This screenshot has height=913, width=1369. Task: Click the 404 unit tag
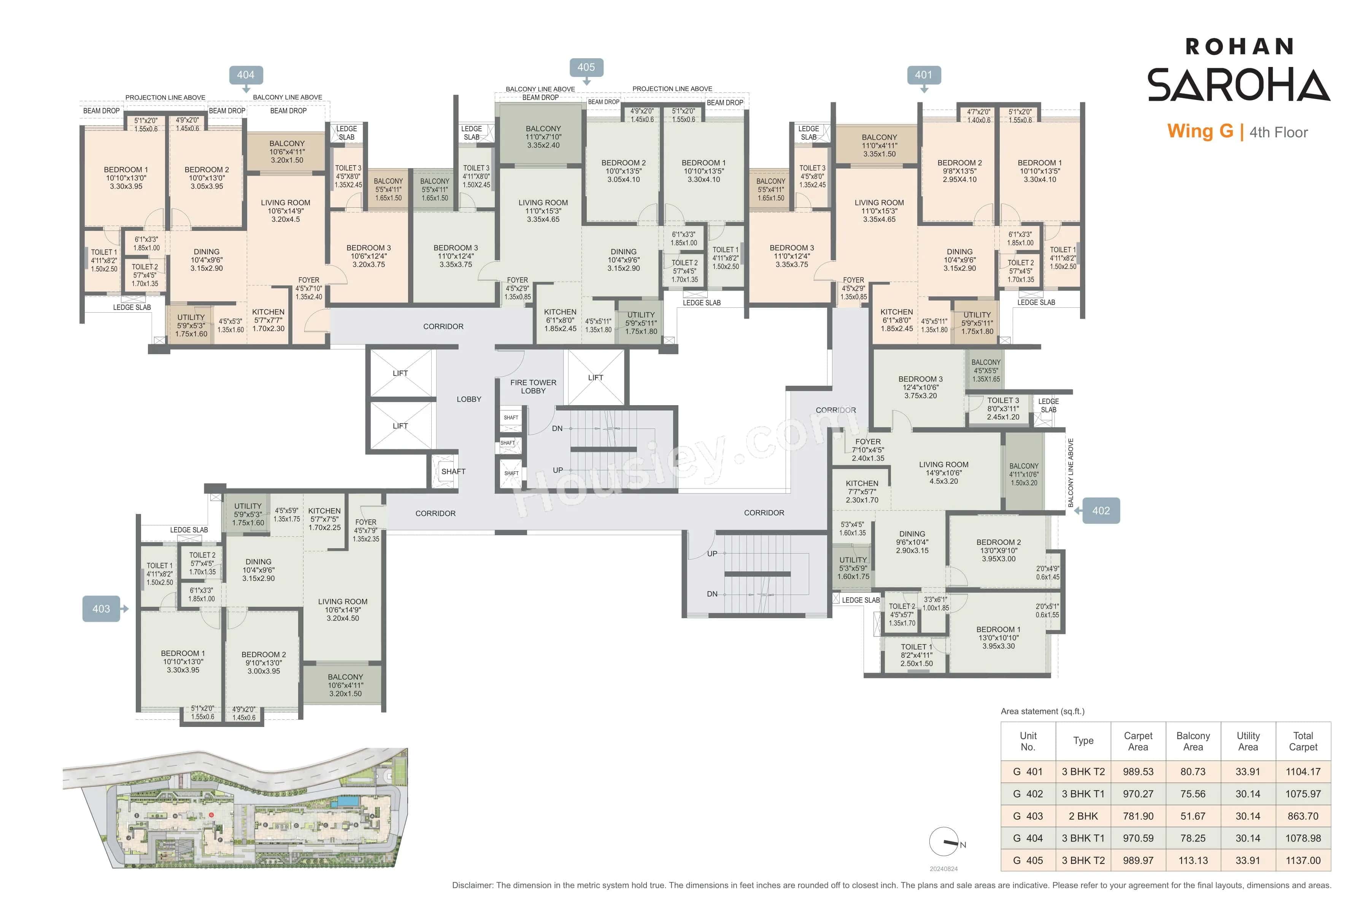coord(246,75)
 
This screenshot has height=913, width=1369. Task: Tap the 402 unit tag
coord(1100,511)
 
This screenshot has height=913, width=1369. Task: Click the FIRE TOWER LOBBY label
coord(533,387)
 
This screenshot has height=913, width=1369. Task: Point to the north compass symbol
coord(944,841)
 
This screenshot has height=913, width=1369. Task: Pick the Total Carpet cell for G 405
coord(1303,861)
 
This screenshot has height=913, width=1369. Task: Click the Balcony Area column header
coord(1193,741)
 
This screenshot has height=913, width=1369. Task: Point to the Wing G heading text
coord(1200,132)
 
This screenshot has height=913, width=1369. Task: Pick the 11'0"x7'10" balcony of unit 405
coord(543,137)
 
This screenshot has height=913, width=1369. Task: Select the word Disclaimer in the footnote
coord(472,886)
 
